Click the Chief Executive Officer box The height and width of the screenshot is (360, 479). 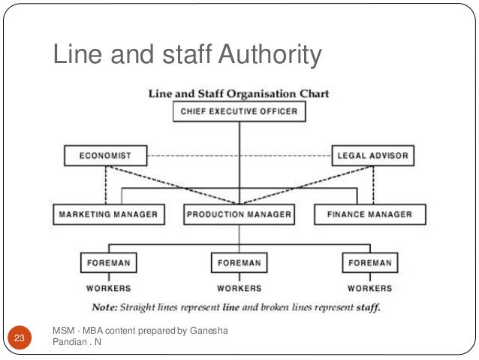coord(239,112)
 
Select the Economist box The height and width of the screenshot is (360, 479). coord(105,156)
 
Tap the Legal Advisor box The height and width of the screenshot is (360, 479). coord(372,156)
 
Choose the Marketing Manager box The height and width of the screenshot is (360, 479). coord(109,214)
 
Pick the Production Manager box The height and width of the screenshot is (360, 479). coord(239,214)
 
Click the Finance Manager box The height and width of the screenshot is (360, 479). coord(369,214)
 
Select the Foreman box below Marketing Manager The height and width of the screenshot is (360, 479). coord(109,263)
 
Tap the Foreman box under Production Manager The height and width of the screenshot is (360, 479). coord(239,263)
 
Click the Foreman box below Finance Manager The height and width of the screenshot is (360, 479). coord(369,263)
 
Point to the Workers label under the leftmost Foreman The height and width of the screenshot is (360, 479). coord(109,288)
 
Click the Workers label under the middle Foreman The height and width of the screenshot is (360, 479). coord(239,288)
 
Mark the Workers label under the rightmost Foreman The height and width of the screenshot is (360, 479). coord(369,288)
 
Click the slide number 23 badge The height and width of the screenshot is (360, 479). coord(19,338)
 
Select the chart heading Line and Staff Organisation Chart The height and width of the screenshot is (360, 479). coord(239,94)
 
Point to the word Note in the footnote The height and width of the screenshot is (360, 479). coord(103,307)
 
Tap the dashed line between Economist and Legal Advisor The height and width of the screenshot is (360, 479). coord(239,156)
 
